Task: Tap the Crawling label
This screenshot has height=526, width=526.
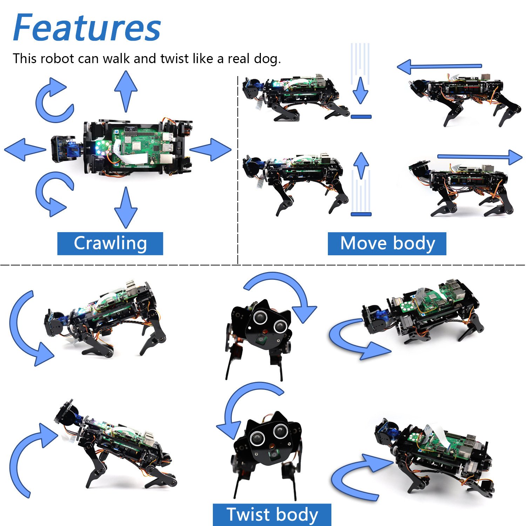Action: (110, 243)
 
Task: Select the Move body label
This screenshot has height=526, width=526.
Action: (387, 243)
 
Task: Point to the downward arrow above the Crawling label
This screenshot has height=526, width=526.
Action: (126, 208)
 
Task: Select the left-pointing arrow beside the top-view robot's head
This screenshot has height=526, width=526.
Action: (25, 149)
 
